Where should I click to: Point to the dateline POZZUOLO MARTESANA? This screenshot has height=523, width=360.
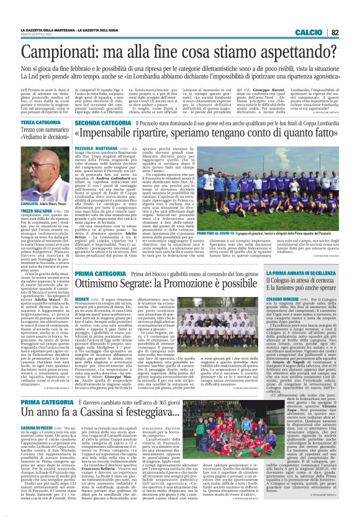(x=95, y=149)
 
